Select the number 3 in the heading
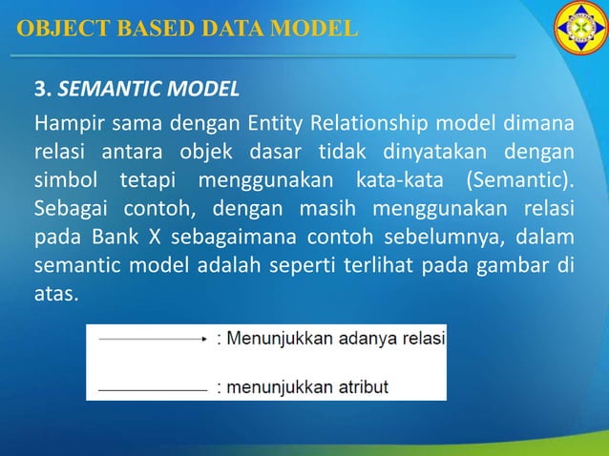pyautogui.click(x=40, y=92)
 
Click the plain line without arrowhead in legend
pyautogui.click(x=153, y=388)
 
